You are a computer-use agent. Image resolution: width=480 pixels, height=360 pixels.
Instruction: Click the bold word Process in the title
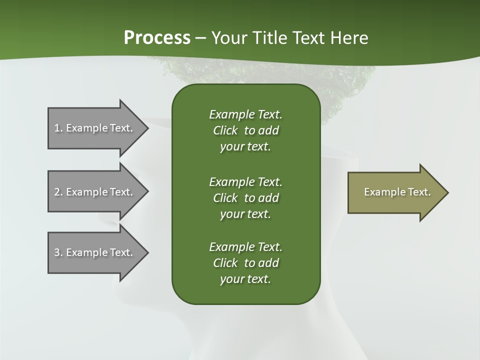(x=157, y=38)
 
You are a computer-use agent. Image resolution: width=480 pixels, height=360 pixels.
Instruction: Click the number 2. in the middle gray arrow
(x=58, y=192)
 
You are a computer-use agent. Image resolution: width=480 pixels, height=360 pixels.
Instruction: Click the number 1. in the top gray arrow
(x=58, y=128)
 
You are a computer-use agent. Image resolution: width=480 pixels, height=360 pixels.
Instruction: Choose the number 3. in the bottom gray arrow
(x=58, y=252)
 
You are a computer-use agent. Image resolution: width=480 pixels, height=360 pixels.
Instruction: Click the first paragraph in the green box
(x=245, y=130)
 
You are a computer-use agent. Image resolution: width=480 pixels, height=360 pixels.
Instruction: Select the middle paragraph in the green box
(x=245, y=197)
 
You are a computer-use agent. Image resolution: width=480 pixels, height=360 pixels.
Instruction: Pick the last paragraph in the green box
(x=245, y=263)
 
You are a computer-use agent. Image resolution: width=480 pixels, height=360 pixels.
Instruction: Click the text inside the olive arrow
(x=397, y=192)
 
